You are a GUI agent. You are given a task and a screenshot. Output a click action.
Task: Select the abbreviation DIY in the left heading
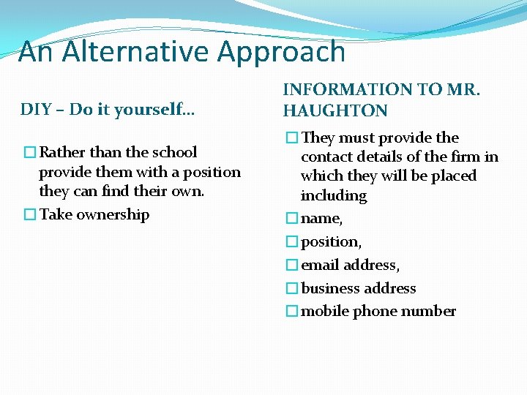tap(35, 110)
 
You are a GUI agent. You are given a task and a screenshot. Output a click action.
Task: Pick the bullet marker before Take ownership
tap(29, 214)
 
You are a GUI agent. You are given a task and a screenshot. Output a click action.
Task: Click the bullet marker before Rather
tap(29, 152)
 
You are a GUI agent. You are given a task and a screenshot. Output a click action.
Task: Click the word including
tap(334, 195)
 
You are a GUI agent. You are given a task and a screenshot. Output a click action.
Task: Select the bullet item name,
tap(322, 218)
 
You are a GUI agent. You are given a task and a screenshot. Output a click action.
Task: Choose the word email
tap(321, 265)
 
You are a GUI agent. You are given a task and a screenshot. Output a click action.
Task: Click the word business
tap(330, 288)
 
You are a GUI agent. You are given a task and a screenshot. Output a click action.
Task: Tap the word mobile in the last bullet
tap(325, 311)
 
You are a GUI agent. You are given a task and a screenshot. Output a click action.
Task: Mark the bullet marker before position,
tap(291, 241)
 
